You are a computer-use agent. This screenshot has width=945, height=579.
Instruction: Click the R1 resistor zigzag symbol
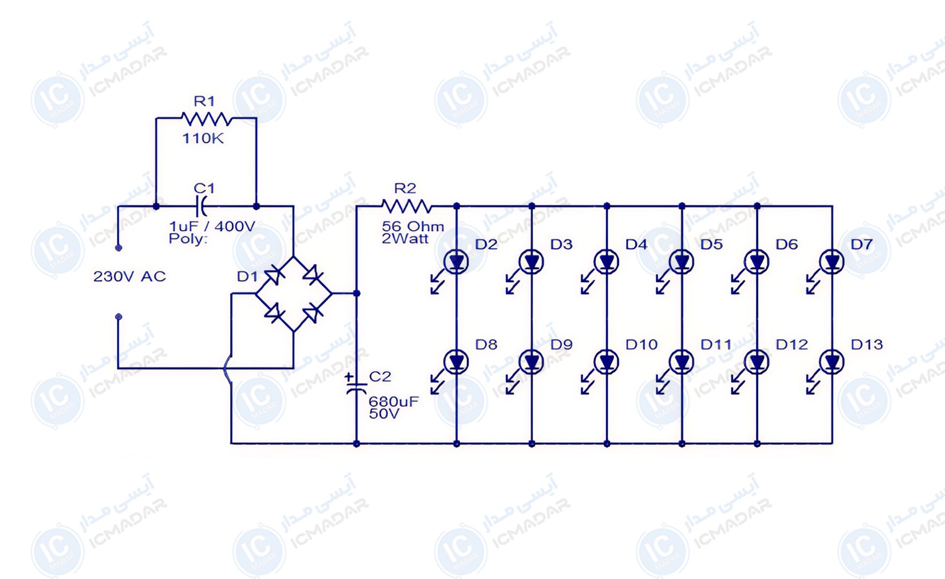click(207, 118)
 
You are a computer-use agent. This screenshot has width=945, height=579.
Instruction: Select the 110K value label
click(203, 138)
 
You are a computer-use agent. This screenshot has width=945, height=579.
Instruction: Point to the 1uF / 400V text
click(212, 226)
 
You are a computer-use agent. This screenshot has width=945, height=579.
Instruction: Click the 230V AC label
click(129, 277)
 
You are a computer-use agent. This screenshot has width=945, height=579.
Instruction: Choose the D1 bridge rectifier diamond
click(293, 293)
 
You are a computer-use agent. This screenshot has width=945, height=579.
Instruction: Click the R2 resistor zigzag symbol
click(407, 206)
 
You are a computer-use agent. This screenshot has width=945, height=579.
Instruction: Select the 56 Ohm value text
click(413, 226)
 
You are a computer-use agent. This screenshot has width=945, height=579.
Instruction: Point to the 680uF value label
click(394, 402)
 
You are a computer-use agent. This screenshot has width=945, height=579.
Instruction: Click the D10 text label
click(641, 345)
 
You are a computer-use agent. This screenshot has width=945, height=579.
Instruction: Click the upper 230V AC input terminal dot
click(119, 248)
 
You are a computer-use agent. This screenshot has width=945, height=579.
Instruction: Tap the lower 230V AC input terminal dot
click(119, 317)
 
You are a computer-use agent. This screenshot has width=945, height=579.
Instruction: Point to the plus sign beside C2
click(349, 377)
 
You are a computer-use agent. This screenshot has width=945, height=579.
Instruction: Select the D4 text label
click(637, 244)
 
